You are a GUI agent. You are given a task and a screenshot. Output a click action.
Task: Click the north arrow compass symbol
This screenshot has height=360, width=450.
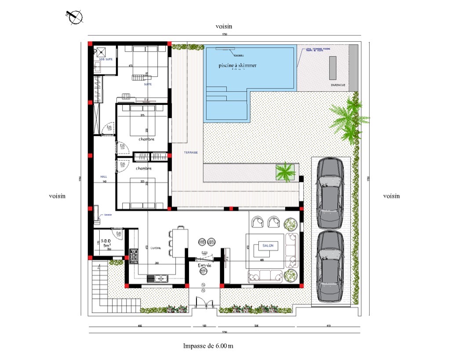pyautogui.click(x=75, y=16)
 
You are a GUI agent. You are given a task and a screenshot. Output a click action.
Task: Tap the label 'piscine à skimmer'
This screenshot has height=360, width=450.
pyautogui.click(x=237, y=65)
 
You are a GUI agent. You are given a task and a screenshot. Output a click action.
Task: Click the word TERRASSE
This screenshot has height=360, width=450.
pyautogui.click(x=191, y=152)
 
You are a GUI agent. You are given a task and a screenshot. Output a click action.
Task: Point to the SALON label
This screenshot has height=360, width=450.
pyautogui.click(x=268, y=246)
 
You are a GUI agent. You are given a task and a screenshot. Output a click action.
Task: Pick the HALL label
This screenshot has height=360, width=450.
pyautogui.click(x=104, y=176)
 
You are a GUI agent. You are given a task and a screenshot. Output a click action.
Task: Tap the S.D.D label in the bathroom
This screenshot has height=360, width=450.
pyautogui.click(x=105, y=241)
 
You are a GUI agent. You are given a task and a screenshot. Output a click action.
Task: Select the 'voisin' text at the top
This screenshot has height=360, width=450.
pyautogui.click(x=224, y=26)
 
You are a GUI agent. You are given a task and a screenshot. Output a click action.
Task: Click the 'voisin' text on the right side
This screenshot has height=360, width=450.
pyautogui.click(x=391, y=196)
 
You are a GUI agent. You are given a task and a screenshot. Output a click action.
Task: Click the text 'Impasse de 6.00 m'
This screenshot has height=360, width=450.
pyautogui.click(x=208, y=346)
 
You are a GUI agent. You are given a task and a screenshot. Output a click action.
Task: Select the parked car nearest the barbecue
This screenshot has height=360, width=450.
pyautogui.click(x=330, y=193)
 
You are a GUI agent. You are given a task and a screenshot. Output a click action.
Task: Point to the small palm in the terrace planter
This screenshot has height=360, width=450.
pyautogui.click(x=285, y=171)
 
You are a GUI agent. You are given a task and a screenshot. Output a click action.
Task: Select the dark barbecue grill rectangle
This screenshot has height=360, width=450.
pyautogui.click(x=333, y=68)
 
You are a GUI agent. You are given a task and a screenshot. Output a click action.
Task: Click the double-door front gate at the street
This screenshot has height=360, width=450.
pyautogui.click(x=203, y=303)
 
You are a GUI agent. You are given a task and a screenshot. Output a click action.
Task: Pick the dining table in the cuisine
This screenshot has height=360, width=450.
pyautogui.click(x=181, y=242)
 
